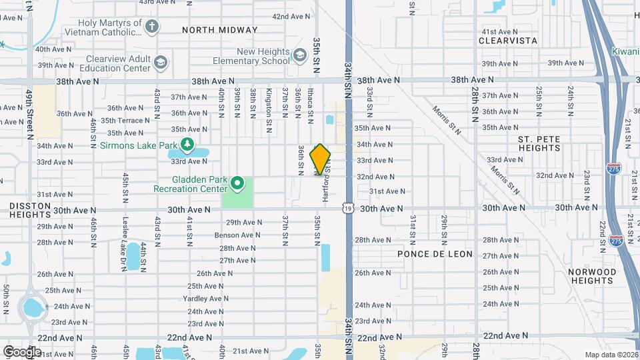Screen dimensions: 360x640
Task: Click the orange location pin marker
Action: point(321,159)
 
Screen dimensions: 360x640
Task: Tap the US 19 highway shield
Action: point(349,209)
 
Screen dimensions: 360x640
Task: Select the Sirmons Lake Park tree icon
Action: point(188,144)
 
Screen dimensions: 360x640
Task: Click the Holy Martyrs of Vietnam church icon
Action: point(153,27)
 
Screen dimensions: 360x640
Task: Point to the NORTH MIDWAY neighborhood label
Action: point(219,30)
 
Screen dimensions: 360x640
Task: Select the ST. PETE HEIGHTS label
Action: point(539,143)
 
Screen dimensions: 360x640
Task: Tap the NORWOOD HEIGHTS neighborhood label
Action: point(592,277)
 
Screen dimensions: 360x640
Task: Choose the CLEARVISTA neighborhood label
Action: point(508,41)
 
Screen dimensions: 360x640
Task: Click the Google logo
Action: point(21,351)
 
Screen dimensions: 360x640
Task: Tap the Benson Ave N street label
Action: point(237,235)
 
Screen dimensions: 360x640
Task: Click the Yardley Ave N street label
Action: point(207,299)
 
